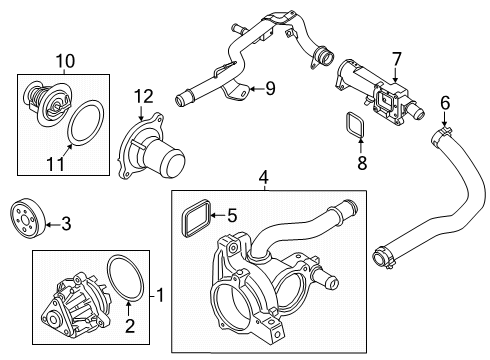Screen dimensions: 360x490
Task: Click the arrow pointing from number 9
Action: (x=257, y=89)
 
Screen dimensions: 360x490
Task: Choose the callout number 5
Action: (x=232, y=214)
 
